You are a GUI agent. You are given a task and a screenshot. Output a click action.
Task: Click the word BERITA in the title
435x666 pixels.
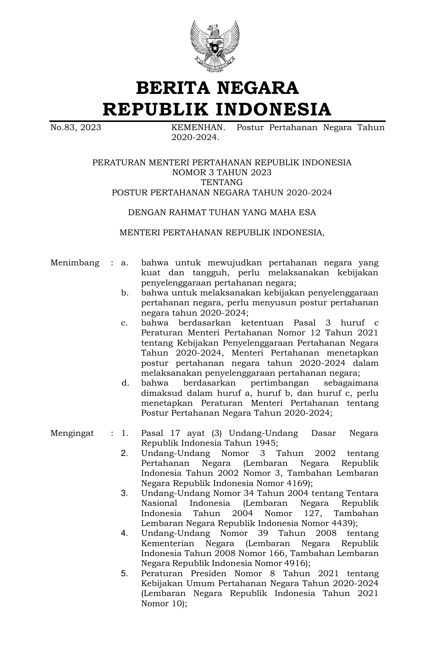(173, 88)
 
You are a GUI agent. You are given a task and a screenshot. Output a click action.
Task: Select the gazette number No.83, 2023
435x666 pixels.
(75, 128)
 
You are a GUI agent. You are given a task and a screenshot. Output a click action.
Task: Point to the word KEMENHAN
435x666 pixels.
(198, 128)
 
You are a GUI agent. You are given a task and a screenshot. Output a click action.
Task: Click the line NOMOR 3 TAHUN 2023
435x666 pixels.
(222, 172)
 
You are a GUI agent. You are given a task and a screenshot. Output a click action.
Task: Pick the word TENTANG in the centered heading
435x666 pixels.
(222, 182)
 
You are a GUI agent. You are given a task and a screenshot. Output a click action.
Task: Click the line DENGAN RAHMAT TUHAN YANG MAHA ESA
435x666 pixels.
(222, 212)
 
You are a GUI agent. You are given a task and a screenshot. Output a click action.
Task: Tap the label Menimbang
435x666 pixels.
(75, 263)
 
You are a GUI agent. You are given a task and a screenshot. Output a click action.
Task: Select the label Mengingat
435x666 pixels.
(72, 433)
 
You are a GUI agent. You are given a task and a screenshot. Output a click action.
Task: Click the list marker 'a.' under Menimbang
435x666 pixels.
(125, 263)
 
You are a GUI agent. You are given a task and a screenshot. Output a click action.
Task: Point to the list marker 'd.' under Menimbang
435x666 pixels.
(125, 383)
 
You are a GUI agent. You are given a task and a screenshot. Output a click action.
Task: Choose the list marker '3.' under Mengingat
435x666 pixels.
(125, 493)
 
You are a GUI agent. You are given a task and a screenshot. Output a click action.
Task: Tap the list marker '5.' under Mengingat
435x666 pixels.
(125, 573)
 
